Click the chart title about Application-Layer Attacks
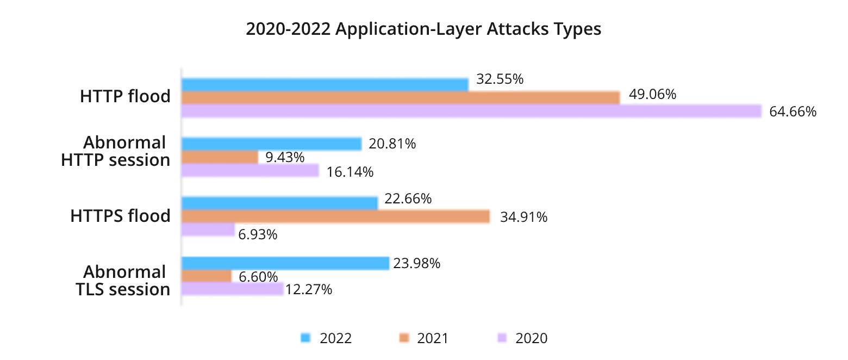coord(423,29)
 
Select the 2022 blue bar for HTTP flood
coord(325,84)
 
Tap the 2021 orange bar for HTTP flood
coord(400,98)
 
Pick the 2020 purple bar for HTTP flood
coord(471,111)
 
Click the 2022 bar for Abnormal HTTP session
coord(271,144)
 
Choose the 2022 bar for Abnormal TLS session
coord(285,263)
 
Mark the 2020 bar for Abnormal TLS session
coord(232,289)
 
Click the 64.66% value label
coord(793,113)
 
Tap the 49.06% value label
coord(652,95)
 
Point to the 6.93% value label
coord(258,235)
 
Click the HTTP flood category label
coord(125,97)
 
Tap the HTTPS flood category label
coord(120,216)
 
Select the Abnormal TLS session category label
coord(123,280)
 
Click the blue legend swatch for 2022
coord(305,338)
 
